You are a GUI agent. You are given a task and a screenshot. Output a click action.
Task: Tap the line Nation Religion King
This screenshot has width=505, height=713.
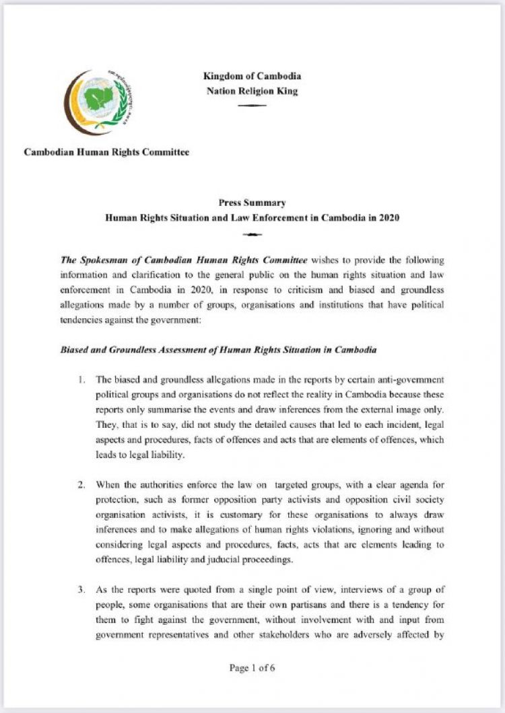point(252,91)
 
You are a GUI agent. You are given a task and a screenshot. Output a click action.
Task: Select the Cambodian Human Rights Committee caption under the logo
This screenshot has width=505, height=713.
point(106,152)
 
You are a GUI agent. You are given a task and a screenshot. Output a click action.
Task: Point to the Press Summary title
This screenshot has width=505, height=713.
point(252,202)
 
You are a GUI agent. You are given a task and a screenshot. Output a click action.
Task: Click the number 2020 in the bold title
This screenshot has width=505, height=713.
point(389,218)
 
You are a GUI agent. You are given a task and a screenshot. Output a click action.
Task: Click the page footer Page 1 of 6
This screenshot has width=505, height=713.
point(252,668)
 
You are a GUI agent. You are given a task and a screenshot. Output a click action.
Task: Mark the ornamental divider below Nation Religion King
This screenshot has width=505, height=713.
point(252,106)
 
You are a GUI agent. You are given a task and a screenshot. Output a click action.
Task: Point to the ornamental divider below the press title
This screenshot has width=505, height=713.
point(252,234)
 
